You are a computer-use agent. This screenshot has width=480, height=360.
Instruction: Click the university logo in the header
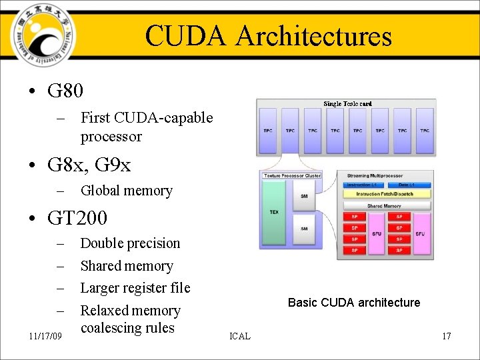pyautogui.click(x=41, y=34)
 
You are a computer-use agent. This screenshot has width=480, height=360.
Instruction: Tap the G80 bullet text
pyautogui.click(x=65, y=90)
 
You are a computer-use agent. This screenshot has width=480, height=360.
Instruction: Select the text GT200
pyautogui.click(x=77, y=218)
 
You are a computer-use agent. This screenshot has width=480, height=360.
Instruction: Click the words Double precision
pyautogui.click(x=130, y=243)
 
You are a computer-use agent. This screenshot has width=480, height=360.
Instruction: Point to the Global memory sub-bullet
pyautogui.click(x=126, y=191)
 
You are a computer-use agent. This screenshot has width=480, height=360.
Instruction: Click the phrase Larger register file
pyautogui.click(x=135, y=288)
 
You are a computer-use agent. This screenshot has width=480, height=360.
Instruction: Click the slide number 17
pyautogui.click(x=446, y=336)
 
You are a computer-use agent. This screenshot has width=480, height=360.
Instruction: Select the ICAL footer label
pyautogui.click(x=239, y=336)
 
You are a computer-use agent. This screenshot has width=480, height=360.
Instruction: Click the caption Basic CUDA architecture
pyautogui.click(x=354, y=303)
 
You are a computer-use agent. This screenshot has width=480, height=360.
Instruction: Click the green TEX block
pyautogui.click(x=273, y=213)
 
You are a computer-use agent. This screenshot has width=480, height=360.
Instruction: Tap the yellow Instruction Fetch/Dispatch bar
pyautogui.click(x=385, y=194)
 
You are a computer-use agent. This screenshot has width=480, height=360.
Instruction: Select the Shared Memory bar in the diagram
pyautogui.click(x=385, y=206)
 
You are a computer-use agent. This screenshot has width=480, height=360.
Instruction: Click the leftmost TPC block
pyautogui.click(x=267, y=131)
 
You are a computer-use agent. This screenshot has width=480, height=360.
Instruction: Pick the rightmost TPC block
pyautogui.click(x=425, y=131)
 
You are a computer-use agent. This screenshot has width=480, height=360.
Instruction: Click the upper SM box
pyautogui.click(x=304, y=196)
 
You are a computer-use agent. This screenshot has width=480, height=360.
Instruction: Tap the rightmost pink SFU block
pyautogui.click(x=420, y=234)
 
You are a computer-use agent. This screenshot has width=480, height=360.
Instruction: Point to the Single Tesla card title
pyautogui.click(x=347, y=103)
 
